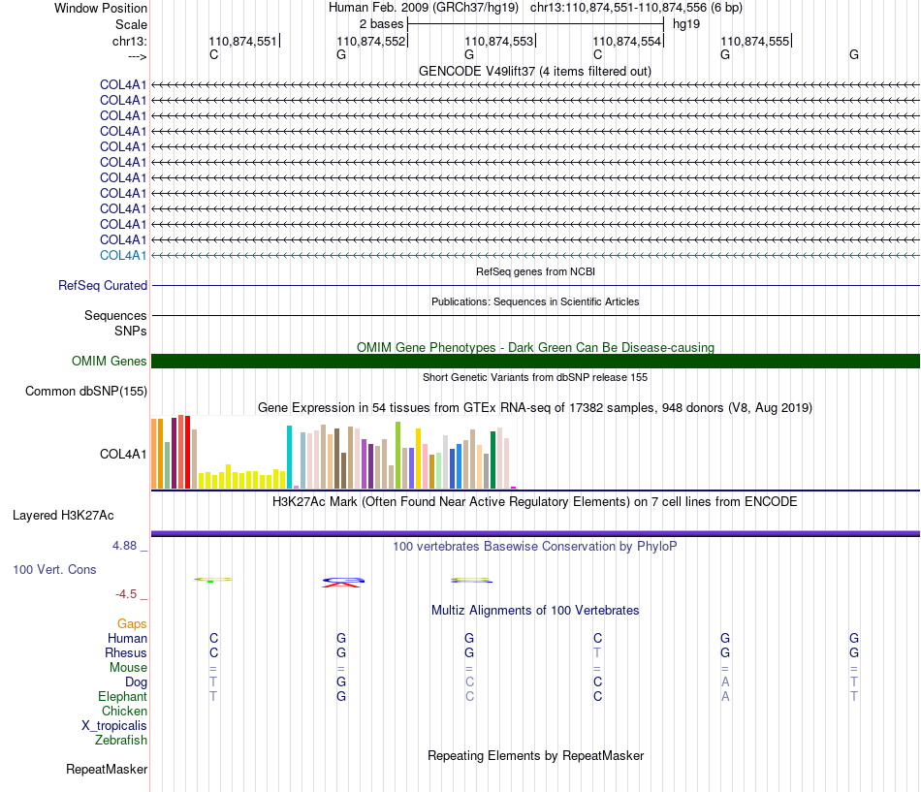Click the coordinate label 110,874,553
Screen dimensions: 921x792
(x=498, y=41)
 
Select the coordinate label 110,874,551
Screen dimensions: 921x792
(x=242, y=41)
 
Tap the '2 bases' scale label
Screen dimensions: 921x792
(x=382, y=24)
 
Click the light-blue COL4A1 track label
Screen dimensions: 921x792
(x=123, y=256)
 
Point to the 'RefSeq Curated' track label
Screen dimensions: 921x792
(x=103, y=286)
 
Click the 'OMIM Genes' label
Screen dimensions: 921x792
(x=110, y=362)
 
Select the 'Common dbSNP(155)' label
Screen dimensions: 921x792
(x=86, y=392)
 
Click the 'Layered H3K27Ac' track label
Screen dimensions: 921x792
(x=63, y=516)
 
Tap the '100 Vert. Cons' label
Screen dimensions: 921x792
(x=54, y=569)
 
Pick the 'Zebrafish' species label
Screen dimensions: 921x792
(x=121, y=741)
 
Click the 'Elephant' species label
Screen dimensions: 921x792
(x=123, y=697)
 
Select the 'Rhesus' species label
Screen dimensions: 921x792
(x=126, y=652)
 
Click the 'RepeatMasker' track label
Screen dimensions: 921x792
(x=107, y=769)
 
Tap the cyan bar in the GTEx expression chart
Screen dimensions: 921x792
(x=289, y=458)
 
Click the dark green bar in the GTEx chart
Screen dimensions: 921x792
(x=492, y=460)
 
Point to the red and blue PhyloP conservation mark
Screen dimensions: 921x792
(x=343, y=583)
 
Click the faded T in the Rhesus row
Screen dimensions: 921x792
(x=597, y=652)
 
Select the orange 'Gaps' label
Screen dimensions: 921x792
(x=132, y=624)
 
